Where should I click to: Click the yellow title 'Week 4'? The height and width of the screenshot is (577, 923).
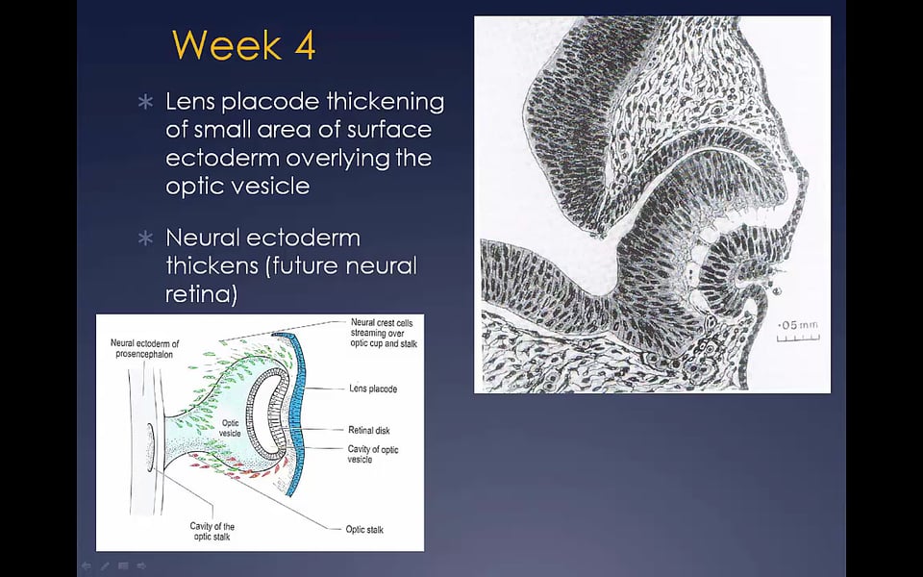[x=243, y=45]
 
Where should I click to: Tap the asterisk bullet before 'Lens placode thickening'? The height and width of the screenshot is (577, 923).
[x=145, y=103]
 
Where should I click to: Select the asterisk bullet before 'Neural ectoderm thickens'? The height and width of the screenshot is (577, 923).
[x=145, y=238]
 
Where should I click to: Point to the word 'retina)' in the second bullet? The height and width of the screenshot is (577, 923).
[x=201, y=294]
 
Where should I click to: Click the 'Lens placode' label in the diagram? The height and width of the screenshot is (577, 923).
[x=373, y=389]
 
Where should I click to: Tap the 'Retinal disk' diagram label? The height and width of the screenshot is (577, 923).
[x=369, y=431]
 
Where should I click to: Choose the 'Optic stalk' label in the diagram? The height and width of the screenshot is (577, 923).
[x=364, y=529]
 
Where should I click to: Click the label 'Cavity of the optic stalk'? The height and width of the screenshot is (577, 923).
[x=212, y=531]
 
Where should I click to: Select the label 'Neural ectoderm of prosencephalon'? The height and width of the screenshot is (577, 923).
[x=144, y=348]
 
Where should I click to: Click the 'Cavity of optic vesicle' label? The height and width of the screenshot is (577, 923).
[x=373, y=454]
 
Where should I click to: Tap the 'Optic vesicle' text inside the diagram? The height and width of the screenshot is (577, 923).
[x=230, y=428]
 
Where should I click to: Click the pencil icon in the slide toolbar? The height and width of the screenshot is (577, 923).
[x=105, y=565]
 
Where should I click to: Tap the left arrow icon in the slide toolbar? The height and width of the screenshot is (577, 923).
[x=87, y=565]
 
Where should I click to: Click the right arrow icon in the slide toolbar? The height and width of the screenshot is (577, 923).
[x=141, y=565]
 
